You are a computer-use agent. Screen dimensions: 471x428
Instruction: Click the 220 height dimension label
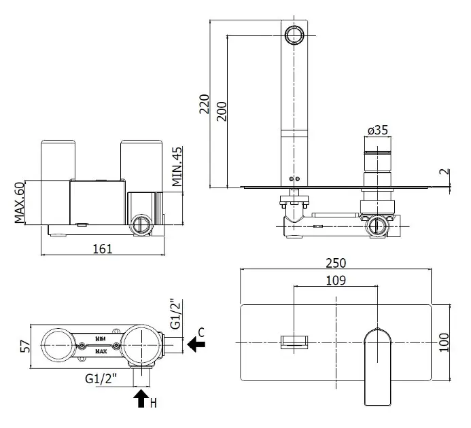click(x=205, y=104)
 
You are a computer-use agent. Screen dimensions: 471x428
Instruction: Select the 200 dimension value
click(x=222, y=111)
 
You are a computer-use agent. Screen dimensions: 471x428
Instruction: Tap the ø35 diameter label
click(x=378, y=130)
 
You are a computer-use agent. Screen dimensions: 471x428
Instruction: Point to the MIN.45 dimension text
click(x=177, y=166)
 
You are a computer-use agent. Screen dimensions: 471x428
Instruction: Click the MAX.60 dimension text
click(x=20, y=202)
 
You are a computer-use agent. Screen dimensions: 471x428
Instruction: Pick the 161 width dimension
click(x=103, y=249)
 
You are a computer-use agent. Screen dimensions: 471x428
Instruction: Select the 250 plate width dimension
click(x=336, y=263)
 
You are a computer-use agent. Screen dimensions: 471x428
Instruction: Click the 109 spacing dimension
click(x=336, y=281)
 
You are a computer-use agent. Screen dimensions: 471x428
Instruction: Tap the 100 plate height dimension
click(x=444, y=342)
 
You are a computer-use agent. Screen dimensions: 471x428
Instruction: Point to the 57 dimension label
click(x=26, y=346)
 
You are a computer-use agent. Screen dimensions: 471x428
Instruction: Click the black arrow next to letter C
click(x=196, y=344)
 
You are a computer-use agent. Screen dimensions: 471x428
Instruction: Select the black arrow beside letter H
click(x=141, y=398)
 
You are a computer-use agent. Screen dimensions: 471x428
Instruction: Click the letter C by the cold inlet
click(x=201, y=332)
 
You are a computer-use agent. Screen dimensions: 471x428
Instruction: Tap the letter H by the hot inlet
click(x=153, y=403)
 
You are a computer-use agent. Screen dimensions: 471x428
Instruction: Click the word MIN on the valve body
click(x=101, y=339)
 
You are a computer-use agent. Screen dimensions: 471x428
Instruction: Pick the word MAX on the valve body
click(x=101, y=351)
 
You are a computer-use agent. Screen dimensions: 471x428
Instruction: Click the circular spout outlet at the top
click(x=294, y=35)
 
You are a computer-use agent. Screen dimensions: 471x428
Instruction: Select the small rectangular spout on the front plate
click(x=294, y=342)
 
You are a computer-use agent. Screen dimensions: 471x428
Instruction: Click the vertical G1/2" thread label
click(x=176, y=314)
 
